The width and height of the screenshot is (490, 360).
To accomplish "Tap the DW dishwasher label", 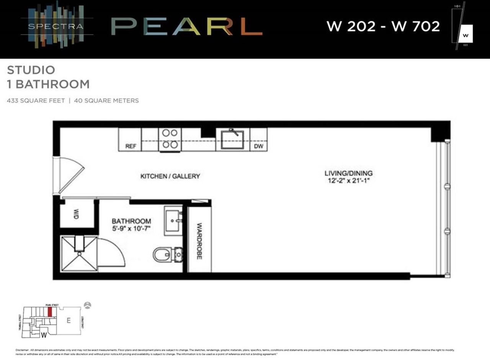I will click(259, 147).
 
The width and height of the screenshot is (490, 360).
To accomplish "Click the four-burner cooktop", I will click(170, 139).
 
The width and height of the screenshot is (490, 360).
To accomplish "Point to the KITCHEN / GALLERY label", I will click(170, 176).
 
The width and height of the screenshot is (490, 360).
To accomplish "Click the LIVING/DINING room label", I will click(348, 173).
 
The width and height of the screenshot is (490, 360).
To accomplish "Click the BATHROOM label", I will click(131, 222).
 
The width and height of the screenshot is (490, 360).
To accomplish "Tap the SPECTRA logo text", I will click(56, 26).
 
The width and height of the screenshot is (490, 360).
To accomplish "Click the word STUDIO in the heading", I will click(31, 70).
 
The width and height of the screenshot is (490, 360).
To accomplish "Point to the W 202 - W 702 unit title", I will click(383, 26).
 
